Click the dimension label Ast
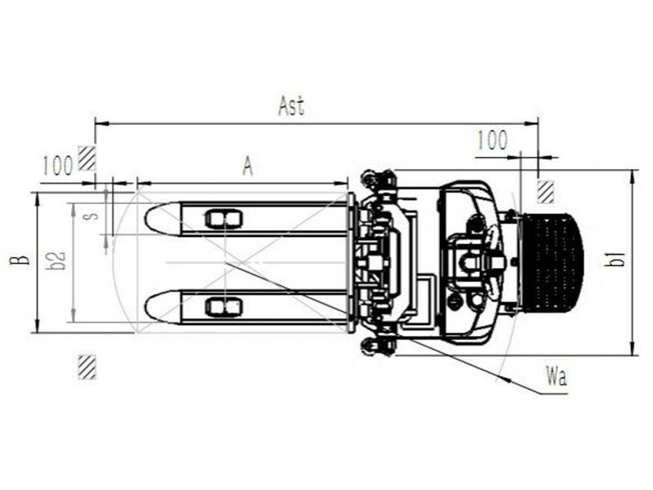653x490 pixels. point(291,106)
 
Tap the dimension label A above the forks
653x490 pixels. point(248,167)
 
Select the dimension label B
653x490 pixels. point(20,261)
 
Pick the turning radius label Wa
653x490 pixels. point(556,376)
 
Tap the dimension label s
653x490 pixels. point(94,216)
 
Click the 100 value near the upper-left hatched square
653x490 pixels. point(58,166)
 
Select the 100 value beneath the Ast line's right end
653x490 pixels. point(492,140)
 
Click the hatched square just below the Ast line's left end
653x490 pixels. point(87,158)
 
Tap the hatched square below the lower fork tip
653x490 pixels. point(87,367)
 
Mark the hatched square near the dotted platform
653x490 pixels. point(545,192)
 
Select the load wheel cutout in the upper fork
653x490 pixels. point(224,219)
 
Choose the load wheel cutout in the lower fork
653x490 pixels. point(224,307)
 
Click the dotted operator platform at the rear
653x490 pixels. point(552,262)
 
